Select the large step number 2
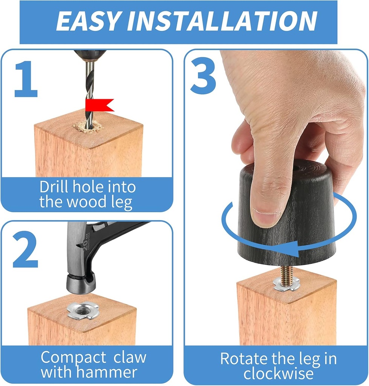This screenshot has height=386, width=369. click(25, 249)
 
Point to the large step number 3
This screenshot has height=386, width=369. click(203, 75)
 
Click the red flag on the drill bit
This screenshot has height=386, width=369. click(99, 105)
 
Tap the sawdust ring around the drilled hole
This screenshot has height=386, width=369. click(88, 127)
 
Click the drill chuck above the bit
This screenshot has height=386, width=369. click(90, 55)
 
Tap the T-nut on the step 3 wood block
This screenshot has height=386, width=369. click(287, 284)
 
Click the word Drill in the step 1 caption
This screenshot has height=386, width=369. click(53, 187)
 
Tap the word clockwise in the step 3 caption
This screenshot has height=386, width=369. click(279, 374)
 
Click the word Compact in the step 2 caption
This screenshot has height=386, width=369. click(73, 358)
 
